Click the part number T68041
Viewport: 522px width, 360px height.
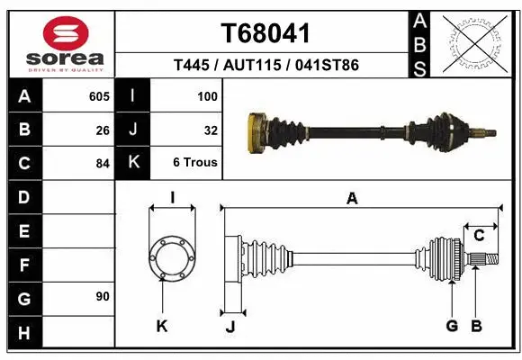(x=265, y=33)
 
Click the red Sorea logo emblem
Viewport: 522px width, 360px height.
(x=59, y=34)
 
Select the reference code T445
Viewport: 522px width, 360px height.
(x=191, y=66)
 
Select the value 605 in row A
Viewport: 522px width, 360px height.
(x=99, y=95)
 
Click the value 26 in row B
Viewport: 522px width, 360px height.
(x=103, y=130)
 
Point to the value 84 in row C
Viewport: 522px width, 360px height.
(x=103, y=164)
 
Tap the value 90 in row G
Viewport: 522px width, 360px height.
(x=103, y=296)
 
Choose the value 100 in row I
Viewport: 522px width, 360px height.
(x=207, y=95)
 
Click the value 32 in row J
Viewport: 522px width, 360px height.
(x=211, y=130)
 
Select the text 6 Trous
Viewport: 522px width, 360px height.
(x=195, y=163)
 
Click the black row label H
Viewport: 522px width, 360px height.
(x=23, y=334)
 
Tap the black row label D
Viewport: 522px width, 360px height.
(x=23, y=197)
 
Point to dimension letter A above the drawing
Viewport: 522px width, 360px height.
(x=352, y=199)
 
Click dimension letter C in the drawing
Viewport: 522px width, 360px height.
(x=479, y=236)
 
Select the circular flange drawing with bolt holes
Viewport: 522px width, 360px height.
(x=171, y=257)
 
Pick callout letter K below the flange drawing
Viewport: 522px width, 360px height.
(x=162, y=326)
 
